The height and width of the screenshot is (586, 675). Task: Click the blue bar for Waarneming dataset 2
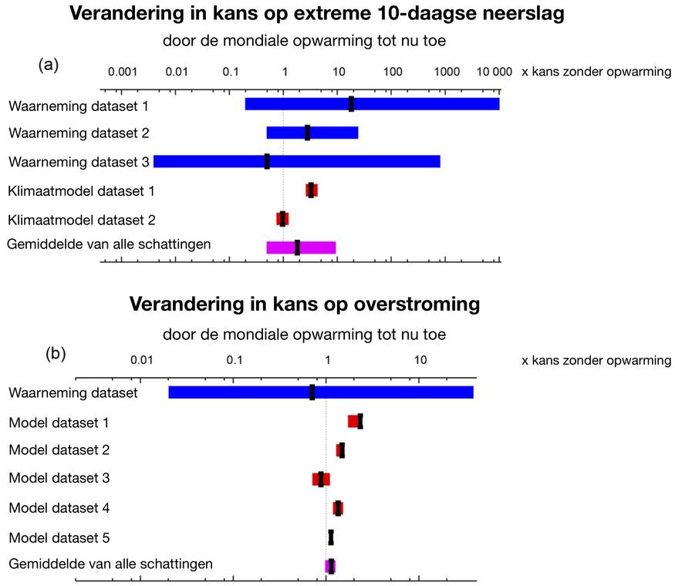(324, 133)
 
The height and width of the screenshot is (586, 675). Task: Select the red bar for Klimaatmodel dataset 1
(312, 190)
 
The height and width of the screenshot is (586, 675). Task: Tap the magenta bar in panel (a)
(316, 248)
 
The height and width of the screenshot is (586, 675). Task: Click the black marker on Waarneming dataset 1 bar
(351, 104)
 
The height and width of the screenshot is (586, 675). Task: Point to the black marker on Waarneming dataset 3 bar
(267, 161)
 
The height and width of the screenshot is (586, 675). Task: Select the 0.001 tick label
(122, 72)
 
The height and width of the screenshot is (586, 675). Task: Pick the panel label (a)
(49, 65)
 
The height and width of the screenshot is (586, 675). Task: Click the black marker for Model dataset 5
(331, 537)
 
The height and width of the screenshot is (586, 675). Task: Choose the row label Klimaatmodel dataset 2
(82, 220)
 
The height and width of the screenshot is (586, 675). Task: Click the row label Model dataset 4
(59, 508)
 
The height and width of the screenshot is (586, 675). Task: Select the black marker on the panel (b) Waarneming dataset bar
(312, 392)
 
